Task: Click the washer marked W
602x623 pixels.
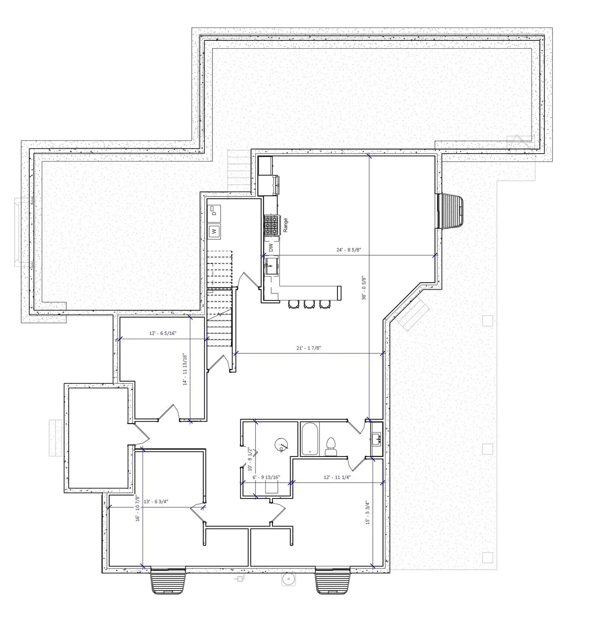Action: pyautogui.click(x=214, y=231)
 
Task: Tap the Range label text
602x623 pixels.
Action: pyautogui.click(x=285, y=225)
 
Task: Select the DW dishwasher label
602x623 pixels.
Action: pyautogui.click(x=271, y=248)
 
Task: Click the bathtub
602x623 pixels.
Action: pyautogui.click(x=310, y=439)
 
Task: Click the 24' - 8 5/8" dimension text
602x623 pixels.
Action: pyautogui.click(x=349, y=250)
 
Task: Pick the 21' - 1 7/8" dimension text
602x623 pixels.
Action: pyautogui.click(x=309, y=348)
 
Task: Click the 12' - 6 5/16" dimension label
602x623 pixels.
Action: pyautogui.click(x=163, y=333)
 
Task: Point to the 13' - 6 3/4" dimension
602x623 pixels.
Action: pyautogui.click(x=155, y=502)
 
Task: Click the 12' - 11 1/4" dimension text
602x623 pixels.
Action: pyautogui.click(x=337, y=477)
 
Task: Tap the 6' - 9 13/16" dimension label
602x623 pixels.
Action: pyautogui.click(x=266, y=477)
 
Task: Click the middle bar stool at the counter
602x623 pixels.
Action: pyautogui.click(x=309, y=305)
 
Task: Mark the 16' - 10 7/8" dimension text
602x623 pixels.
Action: pyautogui.click(x=137, y=515)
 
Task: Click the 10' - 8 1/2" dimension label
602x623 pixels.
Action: pyautogui.click(x=250, y=459)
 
